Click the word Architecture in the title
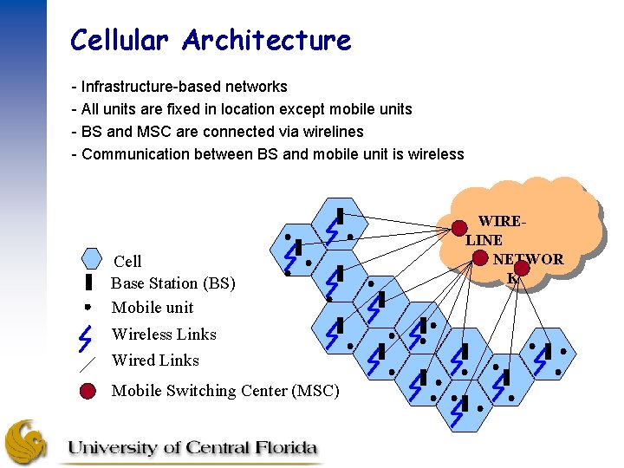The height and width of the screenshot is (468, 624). pyautogui.click(x=267, y=40)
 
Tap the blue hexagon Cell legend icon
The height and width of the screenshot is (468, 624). pyautogui.click(x=92, y=257)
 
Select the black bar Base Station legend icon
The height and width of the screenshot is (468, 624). pyautogui.click(x=88, y=283)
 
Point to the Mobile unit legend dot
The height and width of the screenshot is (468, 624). pyautogui.click(x=88, y=306)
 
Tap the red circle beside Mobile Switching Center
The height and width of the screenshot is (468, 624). pyautogui.click(x=88, y=391)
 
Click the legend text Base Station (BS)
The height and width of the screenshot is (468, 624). pyautogui.click(x=173, y=283)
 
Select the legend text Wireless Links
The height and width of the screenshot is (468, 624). pyautogui.click(x=164, y=335)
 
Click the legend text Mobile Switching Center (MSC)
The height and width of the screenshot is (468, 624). pyautogui.click(x=225, y=391)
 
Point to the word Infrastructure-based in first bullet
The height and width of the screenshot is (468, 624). pyautogui.click(x=150, y=87)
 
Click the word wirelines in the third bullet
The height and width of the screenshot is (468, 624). pyautogui.click(x=332, y=132)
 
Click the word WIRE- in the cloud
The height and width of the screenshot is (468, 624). pyautogui.click(x=501, y=223)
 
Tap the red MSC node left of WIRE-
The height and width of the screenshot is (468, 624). pyautogui.click(x=458, y=229)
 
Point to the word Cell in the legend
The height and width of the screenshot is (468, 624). pyautogui.click(x=128, y=261)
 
